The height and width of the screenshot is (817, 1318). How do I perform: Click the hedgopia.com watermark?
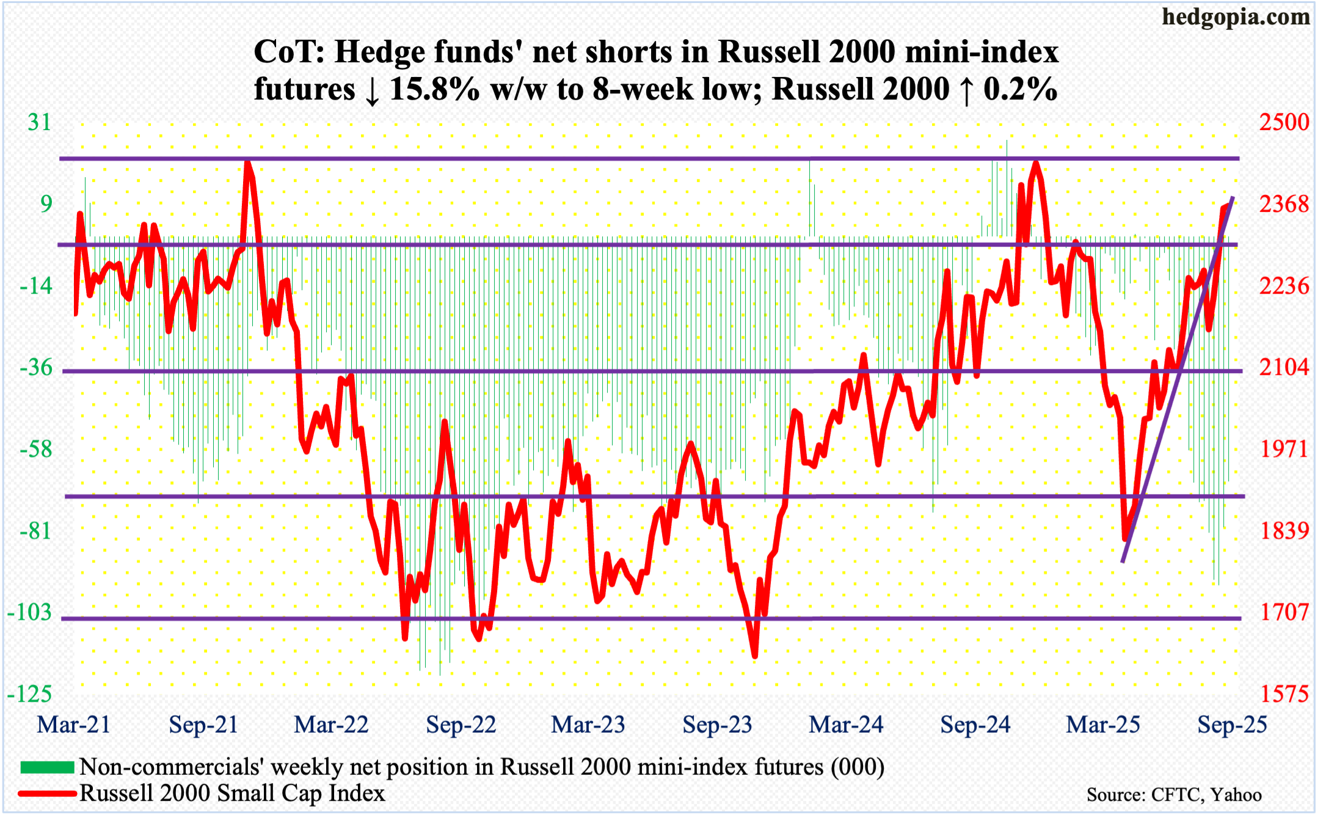[1236, 17]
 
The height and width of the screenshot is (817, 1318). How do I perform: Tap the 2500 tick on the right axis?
[1284, 122]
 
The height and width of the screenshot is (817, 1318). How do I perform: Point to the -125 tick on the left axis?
[29, 694]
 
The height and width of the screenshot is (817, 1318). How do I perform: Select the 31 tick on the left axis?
[40, 123]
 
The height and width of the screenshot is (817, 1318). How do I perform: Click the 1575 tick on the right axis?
[1284, 694]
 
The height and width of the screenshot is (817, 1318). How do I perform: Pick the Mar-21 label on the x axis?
[73, 725]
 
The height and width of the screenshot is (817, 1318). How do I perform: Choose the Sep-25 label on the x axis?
[1232, 725]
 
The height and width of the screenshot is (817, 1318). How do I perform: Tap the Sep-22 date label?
[461, 725]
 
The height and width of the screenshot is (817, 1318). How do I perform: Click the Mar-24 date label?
[846, 725]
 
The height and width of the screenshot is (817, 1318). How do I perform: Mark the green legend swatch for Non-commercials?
[47, 767]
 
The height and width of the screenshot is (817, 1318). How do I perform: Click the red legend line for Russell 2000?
[47, 794]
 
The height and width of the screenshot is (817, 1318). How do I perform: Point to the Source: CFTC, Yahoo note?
[1174, 794]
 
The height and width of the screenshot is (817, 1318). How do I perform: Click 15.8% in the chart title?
[434, 90]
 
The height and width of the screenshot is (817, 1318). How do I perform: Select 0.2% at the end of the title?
[1020, 90]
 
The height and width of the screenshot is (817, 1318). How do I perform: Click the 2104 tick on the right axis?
[1284, 368]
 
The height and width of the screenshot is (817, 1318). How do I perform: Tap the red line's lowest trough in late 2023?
[755, 656]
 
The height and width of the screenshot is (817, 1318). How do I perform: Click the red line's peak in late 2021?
[247, 162]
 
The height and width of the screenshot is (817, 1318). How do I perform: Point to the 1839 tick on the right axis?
[1284, 531]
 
